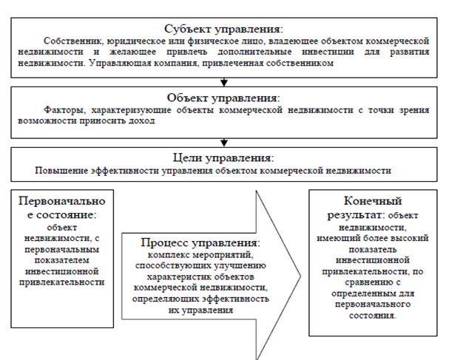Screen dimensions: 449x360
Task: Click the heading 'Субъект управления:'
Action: point(223,29)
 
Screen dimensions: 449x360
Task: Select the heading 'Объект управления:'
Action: point(223,98)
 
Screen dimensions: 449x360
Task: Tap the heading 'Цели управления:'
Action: point(223,158)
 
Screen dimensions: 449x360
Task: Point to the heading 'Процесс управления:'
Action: point(200,243)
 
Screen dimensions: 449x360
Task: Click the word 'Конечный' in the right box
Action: point(373,201)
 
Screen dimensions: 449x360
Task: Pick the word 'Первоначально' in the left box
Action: point(62,201)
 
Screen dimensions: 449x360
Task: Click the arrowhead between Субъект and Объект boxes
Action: point(224,83)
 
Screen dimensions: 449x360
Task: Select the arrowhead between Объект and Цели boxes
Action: point(224,143)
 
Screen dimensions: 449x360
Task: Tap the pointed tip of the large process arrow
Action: point(300,276)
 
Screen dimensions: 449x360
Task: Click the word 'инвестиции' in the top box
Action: point(328,52)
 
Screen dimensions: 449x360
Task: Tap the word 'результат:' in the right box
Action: point(356,215)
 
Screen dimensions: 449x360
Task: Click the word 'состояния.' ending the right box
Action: point(373,316)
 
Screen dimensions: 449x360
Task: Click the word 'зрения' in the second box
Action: point(414,110)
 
